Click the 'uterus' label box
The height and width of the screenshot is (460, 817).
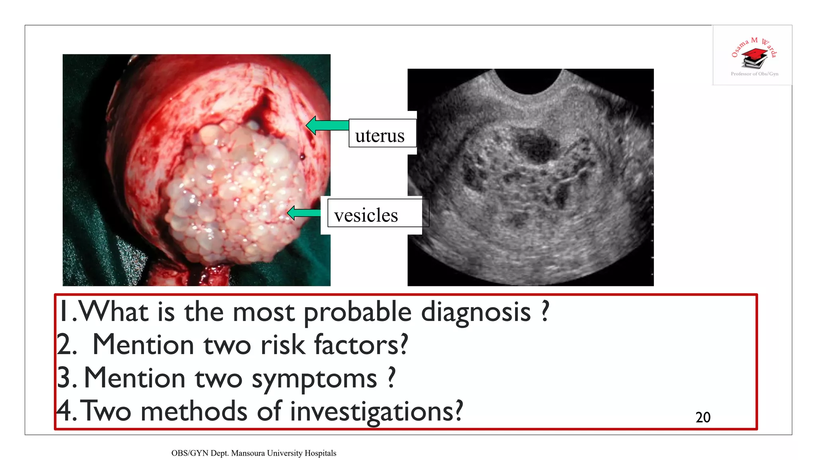point(382,134)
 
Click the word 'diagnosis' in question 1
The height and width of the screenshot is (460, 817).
point(476,312)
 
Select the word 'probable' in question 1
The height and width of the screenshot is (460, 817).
point(357,312)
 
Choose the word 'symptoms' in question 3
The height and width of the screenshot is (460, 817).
point(314,379)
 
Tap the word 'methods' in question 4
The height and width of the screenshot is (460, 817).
point(194,411)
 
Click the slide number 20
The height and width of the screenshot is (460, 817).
point(703,417)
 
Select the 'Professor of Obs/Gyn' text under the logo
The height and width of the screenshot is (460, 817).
point(754,74)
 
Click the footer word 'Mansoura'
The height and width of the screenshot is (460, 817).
point(248,453)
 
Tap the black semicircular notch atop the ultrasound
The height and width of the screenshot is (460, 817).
point(529,80)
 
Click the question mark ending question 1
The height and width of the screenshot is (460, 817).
point(545,311)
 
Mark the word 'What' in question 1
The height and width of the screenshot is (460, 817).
point(114,312)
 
